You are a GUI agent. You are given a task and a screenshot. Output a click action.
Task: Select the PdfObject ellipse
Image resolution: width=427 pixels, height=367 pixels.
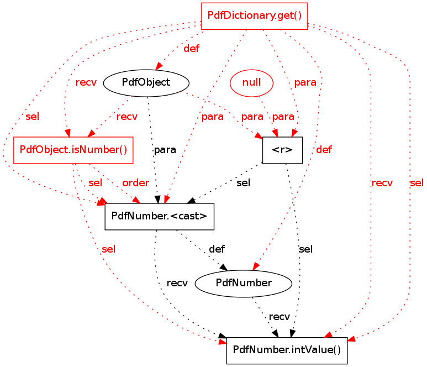pyautogui.click(x=146, y=83)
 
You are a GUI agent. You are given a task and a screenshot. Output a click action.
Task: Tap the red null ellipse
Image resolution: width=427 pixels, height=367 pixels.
pyautogui.click(x=251, y=83)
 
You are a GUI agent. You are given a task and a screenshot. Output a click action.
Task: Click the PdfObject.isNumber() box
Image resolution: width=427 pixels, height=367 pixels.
pyautogui.click(x=73, y=150)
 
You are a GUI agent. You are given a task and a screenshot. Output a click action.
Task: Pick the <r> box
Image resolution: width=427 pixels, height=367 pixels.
pyautogui.click(x=282, y=150)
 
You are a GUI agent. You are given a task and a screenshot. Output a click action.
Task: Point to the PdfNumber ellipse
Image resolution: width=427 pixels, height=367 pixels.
pyautogui.click(x=244, y=283)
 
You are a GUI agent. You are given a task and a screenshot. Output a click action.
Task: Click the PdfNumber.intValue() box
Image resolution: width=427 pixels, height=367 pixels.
pyautogui.click(x=287, y=350)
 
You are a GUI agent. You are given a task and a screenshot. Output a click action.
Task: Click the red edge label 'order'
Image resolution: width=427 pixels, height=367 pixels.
pyautogui.click(x=136, y=183)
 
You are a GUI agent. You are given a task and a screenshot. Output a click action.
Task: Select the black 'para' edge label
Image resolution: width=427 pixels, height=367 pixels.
pyautogui.click(x=165, y=150)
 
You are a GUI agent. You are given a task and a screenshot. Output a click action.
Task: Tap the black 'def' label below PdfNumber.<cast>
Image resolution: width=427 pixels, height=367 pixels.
pyautogui.click(x=217, y=249)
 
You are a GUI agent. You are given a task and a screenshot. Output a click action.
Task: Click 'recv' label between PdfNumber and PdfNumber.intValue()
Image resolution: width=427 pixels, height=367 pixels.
pyautogui.click(x=279, y=317)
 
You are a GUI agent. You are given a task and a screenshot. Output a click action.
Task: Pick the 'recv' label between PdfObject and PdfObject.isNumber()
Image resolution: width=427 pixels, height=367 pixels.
pyautogui.click(x=127, y=117)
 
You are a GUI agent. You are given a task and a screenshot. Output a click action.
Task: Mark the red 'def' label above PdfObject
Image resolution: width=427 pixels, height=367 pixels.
pyautogui.click(x=191, y=49)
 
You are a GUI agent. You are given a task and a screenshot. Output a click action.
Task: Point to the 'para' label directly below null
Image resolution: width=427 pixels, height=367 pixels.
pyautogui.click(x=283, y=117)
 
